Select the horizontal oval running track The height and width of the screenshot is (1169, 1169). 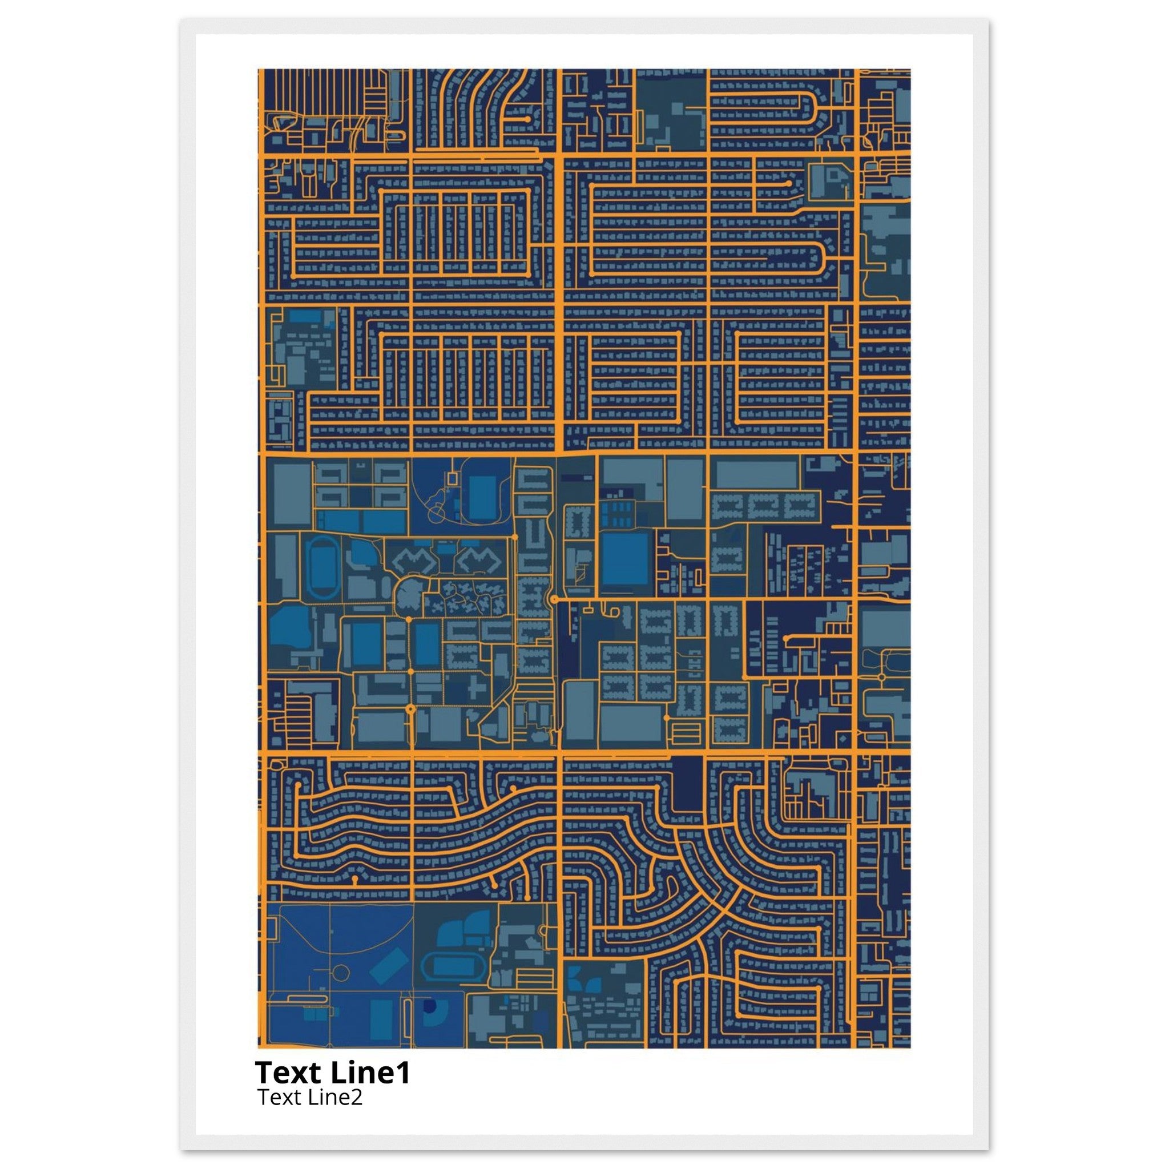[454, 967]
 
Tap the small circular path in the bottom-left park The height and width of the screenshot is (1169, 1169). [341, 973]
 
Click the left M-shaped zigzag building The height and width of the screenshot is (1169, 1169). [414, 562]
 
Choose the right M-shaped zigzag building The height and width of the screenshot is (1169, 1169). [478, 562]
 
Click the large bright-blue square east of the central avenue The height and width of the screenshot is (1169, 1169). [625, 558]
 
